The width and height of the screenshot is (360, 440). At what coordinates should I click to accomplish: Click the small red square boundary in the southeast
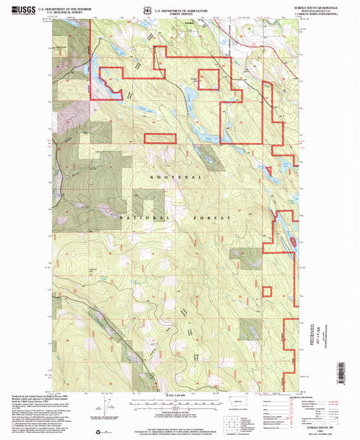[x=266, y=292]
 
